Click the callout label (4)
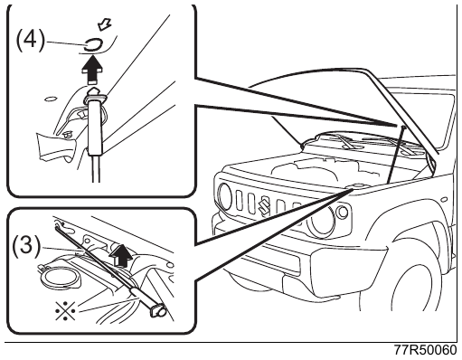30,41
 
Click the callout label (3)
26,246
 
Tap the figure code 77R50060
426,350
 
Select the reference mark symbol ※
65,310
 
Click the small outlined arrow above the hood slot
105,24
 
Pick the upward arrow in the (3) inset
120,256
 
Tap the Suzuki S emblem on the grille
264,204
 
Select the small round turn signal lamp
342,212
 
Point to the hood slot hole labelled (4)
94,45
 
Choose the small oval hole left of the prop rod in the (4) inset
50,99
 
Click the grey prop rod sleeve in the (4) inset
95,125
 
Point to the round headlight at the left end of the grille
225,197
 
